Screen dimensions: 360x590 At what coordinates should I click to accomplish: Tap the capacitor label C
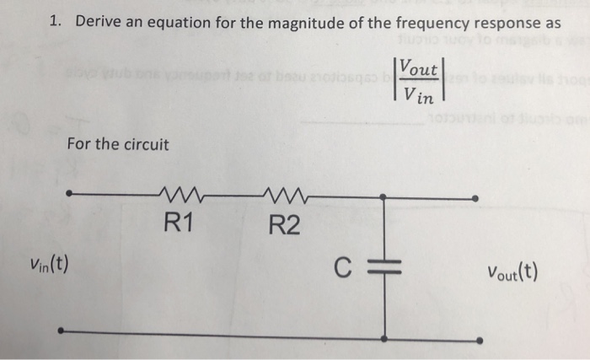pyautogui.click(x=340, y=269)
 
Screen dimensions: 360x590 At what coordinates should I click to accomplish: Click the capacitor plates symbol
pyautogui.click(x=383, y=269)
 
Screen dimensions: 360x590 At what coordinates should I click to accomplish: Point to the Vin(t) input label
pyautogui.click(x=49, y=269)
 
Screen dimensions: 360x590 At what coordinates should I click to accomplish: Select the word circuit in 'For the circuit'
pyautogui.click(x=145, y=144)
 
